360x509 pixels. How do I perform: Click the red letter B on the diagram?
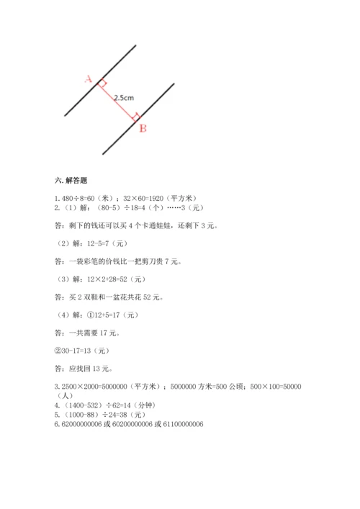coord(143,128)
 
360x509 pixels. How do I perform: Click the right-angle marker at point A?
coord(102,84)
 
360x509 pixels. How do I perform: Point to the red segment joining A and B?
coord(117,100)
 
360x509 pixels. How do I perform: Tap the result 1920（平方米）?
coord(182,199)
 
